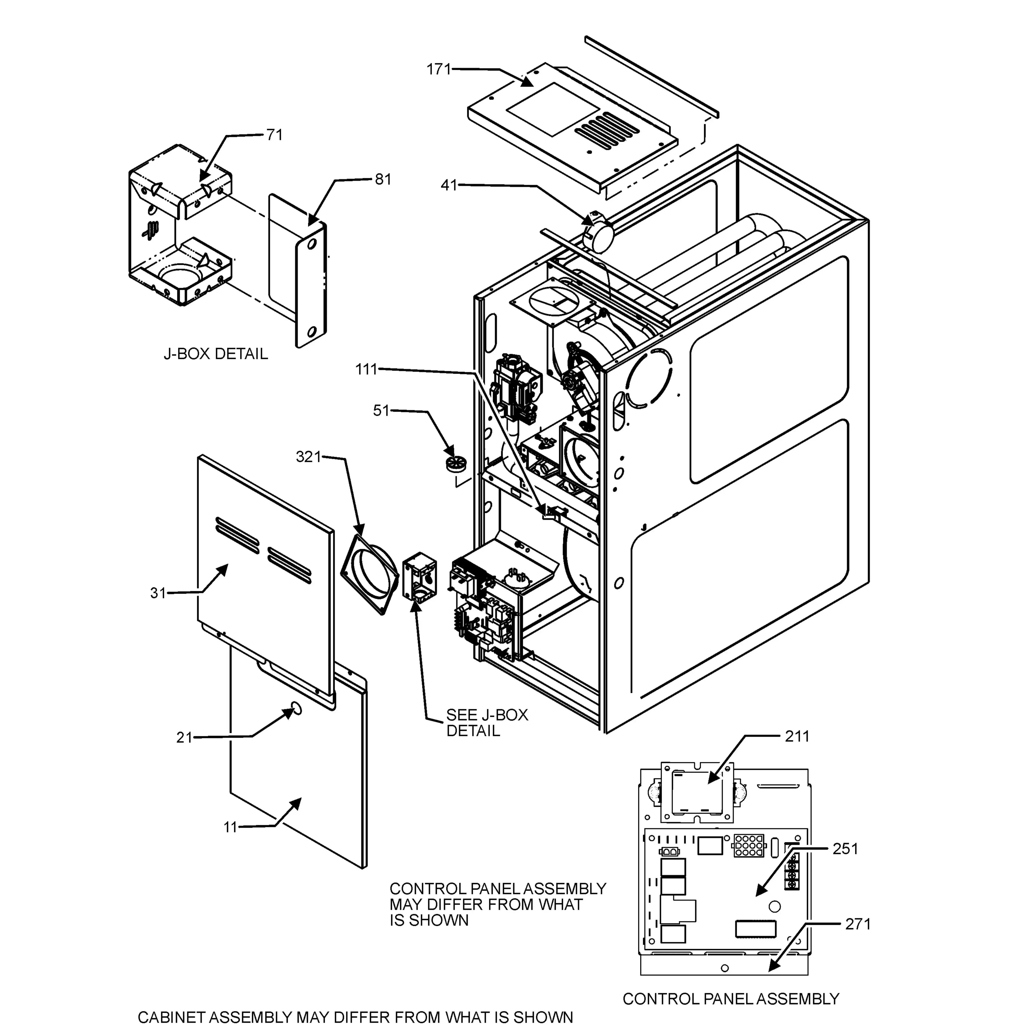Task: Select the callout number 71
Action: [274, 135]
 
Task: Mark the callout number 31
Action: [158, 593]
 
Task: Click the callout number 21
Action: [184, 738]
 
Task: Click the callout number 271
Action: [858, 924]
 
